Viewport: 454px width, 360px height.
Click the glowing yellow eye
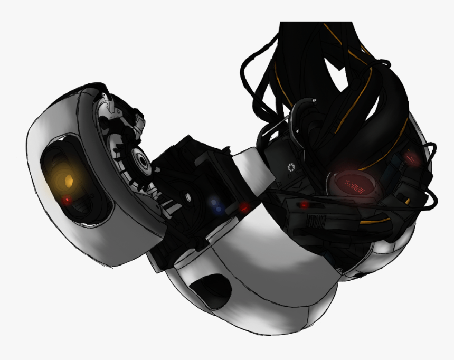click(x=67, y=181)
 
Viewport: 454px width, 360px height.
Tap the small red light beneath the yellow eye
click(x=67, y=201)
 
